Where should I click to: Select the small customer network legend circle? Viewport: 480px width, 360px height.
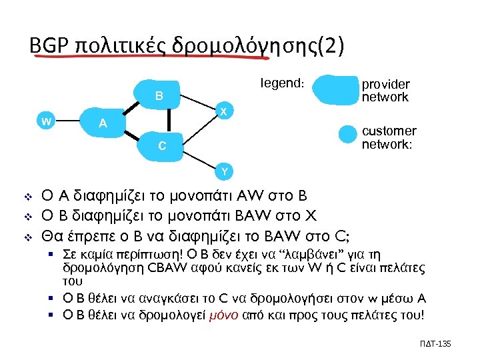[x=347, y=134]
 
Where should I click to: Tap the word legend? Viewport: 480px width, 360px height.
[x=280, y=84]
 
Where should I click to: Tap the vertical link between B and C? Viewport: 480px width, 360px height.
[x=169, y=121]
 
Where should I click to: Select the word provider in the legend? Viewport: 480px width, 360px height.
[x=385, y=85]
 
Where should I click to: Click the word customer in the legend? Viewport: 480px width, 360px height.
[x=389, y=131]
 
